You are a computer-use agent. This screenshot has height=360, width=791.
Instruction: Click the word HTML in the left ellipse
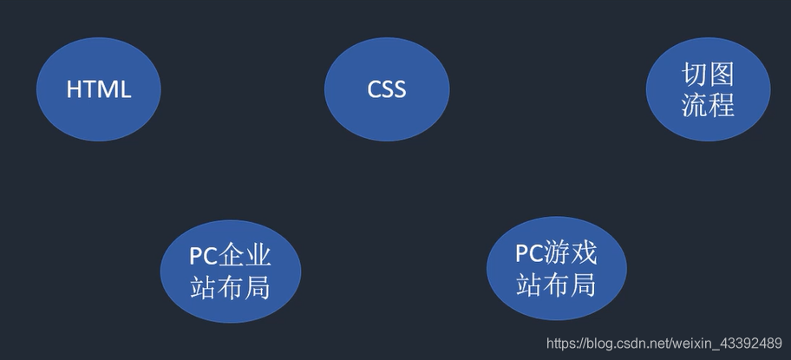click(99, 89)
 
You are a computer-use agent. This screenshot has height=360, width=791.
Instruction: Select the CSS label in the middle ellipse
click(387, 89)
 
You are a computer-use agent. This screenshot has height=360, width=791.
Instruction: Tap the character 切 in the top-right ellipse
click(695, 75)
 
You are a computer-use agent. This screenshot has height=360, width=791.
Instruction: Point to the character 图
click(722, 75)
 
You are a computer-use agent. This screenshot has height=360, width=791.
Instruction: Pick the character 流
click(695, 105)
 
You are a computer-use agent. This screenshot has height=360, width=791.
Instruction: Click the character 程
click(722, 105)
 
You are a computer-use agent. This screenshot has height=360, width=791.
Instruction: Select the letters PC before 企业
click(204, 256)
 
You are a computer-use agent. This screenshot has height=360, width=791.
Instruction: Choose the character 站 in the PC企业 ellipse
click(204, 286)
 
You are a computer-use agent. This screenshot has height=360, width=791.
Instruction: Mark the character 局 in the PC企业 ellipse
click(258, 286)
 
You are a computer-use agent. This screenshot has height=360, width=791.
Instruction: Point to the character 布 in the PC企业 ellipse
click(231, 286)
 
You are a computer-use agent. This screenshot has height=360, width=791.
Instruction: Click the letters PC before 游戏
click(530, 253)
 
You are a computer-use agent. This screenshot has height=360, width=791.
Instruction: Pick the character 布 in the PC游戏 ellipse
click(557, 284)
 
